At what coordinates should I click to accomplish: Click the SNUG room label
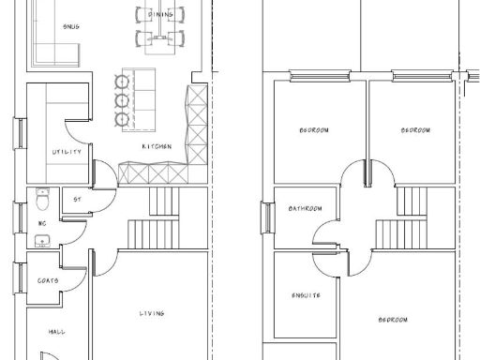coord(70,26)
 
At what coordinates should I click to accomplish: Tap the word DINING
coord(158,15)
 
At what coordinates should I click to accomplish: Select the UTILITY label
coord(67,152)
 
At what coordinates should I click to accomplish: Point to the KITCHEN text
coord(156,147)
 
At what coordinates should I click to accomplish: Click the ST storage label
coord(78,198)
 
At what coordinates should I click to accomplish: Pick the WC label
coord(40,224)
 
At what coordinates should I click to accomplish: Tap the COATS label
coord(48,280)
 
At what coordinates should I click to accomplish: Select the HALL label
coord(57,331)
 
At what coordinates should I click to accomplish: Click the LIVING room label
coord(152,313)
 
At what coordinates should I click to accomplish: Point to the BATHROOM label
coord(305,208)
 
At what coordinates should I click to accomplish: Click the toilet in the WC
coord(41,200)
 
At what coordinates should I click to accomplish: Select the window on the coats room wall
coord(18,278)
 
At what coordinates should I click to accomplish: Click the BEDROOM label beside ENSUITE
coord(392,320)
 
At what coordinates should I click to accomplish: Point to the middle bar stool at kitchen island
coord(120,97)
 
